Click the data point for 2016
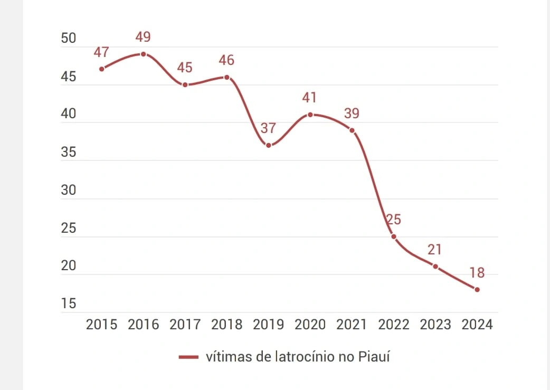143,54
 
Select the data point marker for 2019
269,145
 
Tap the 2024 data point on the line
477,289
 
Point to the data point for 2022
394,236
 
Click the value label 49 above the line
143,37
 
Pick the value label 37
269,128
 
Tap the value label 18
477,273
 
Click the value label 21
435,250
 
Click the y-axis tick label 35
69,153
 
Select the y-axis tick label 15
69,304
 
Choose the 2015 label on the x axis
101,325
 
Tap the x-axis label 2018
227,325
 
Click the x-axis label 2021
352,325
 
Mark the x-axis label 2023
435,325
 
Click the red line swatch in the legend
188,357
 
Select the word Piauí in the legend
374,357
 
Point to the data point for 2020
310,115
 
